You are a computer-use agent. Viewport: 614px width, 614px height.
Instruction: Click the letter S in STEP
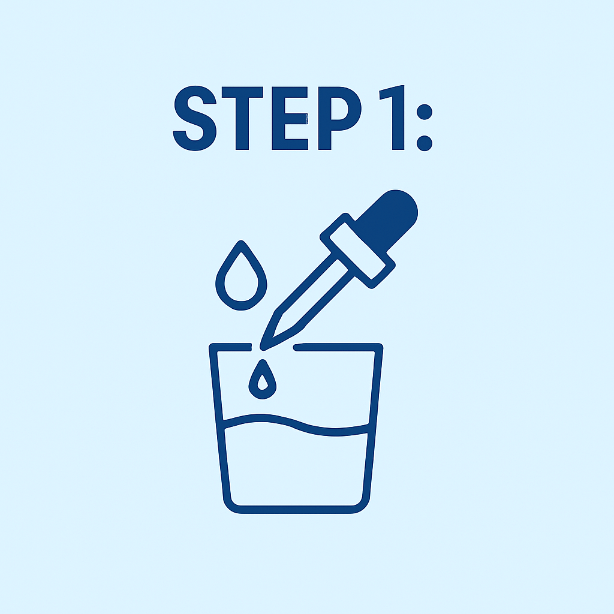click(195, 118)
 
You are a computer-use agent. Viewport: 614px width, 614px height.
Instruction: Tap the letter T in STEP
click(242, 118)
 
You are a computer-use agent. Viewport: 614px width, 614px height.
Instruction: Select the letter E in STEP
click(290, 118)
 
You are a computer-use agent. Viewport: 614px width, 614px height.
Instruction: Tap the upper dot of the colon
click(425, 112)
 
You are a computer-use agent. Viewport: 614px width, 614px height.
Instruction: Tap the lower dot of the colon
click(425, 143)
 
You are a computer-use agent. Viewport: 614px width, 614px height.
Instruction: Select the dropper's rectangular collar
click(357, 251)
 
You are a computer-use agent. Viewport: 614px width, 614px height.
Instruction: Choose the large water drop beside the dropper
click(241, 276)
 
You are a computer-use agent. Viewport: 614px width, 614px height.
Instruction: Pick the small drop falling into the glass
click(263, 380)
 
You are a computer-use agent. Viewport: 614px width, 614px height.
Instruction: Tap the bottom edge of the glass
click(296, 510)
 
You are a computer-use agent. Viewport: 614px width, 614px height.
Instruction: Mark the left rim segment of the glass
click(230, 347)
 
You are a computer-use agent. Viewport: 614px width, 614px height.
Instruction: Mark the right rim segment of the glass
click(338, 347)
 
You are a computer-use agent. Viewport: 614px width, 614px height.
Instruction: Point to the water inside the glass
click(296, 470)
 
